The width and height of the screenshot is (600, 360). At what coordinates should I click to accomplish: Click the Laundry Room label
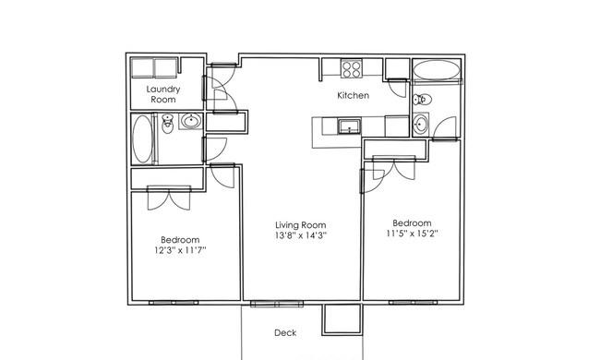click(x=163, y=94)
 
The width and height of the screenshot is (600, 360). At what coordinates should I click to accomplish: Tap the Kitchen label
click(x=354, y=95)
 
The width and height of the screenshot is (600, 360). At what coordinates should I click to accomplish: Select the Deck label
click(x=285, y=333)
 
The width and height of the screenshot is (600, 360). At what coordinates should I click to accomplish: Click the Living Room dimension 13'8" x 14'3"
click(x=300, y=235)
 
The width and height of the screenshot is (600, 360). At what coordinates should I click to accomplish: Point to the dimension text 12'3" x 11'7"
click(x=180, y=250)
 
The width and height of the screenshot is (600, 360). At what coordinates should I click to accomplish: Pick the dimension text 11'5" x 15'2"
click(x=412, y=234)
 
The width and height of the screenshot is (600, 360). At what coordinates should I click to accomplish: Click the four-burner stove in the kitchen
click(x=352, y=69)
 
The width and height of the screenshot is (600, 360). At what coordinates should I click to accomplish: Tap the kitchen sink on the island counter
click(x=349, y=126)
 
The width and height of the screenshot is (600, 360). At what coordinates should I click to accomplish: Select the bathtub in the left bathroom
click(x=142, y=138)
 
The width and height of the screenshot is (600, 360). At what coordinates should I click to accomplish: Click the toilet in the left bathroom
click(x=167, y=124)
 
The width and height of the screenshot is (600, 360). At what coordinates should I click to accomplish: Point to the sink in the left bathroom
click(x=191, y=121)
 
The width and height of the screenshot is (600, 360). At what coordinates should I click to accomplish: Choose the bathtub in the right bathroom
click(x=437, y=70)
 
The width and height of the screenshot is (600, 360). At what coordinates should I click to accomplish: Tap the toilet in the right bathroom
click(x=422, y=100)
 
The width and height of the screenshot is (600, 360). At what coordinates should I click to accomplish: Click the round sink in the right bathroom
click(x=421, y=124)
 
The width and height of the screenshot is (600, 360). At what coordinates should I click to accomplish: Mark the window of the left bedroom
click(x=174, y=303)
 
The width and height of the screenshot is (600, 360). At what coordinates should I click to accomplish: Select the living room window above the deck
click(x=277, y=304)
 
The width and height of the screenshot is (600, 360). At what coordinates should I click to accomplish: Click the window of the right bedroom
click(x=413, y=302)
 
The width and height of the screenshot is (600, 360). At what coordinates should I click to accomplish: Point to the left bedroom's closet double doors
click(x=169, y=198)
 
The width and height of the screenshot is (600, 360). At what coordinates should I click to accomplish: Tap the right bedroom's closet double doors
click(x=394, y=168)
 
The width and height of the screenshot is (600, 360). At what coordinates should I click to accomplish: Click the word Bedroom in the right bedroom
click(x=412, y=223)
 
